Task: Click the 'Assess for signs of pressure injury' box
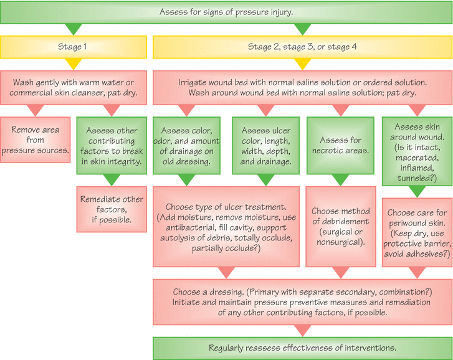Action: click(x=226, y=12)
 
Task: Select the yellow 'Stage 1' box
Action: click(x=74, y=47)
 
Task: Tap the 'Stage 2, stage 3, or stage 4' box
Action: click(x=302, y=47)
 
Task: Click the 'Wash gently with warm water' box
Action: click(x=74, y=87)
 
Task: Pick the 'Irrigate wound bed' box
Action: click(x=302, y=87)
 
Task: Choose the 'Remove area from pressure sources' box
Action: click(x=36, y=140)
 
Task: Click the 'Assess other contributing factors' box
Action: click(x=112, y=146)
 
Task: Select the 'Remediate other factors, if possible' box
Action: click(x=112, y=209)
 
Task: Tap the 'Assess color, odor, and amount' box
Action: click(x=187, y=146)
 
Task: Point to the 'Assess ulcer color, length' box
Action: click(x=266, y=146)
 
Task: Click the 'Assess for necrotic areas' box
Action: click(x=341, y=146)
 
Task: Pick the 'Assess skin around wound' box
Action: click(x=417, y=151)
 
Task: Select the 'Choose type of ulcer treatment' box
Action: click(x=226, y=227)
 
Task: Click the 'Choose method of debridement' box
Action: click(x=341, y=227)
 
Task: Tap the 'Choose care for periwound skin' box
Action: click(x=417, y=232)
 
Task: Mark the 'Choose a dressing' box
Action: click(x=302, y=302)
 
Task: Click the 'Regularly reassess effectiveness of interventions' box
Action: click(x=302, y=348)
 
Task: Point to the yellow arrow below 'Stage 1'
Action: click(x=74, y=64)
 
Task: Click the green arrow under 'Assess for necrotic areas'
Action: click(x=341, y=180)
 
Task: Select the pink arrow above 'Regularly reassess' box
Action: click(x=302, y=331)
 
